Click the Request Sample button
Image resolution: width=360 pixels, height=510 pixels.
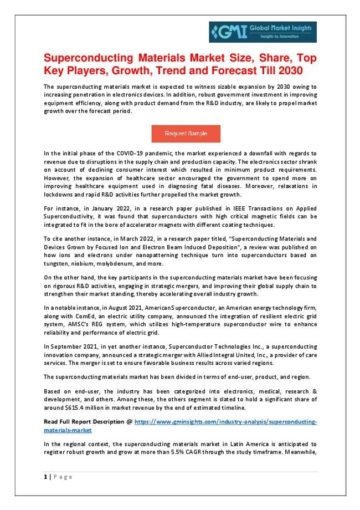pyautogui.click(x=186, y=134)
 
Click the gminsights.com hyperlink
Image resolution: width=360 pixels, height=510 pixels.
pyautogui.click(x=226, y=422)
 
